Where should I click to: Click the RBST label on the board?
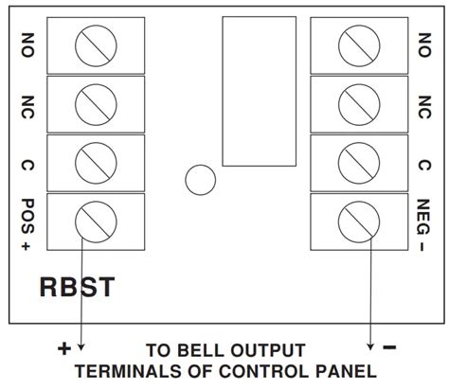pos(77,286)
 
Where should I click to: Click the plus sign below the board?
pos(64,348)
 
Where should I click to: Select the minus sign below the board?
pos(388,348)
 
